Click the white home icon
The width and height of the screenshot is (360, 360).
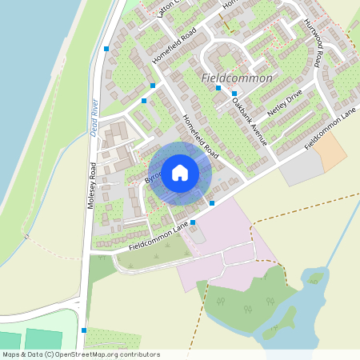click(179, 172)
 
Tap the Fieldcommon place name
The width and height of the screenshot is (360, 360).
click(238, 78)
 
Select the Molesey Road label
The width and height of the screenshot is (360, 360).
click(92, 185)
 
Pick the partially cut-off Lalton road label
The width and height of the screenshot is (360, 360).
click(166, 8)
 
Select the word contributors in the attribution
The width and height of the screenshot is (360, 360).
click(138, 354)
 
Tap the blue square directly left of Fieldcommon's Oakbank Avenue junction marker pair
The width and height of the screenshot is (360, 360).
click(218, 88)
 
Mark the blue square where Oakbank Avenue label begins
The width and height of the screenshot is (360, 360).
click(234, 94)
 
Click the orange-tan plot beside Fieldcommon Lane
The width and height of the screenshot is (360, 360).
click(329, 150)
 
